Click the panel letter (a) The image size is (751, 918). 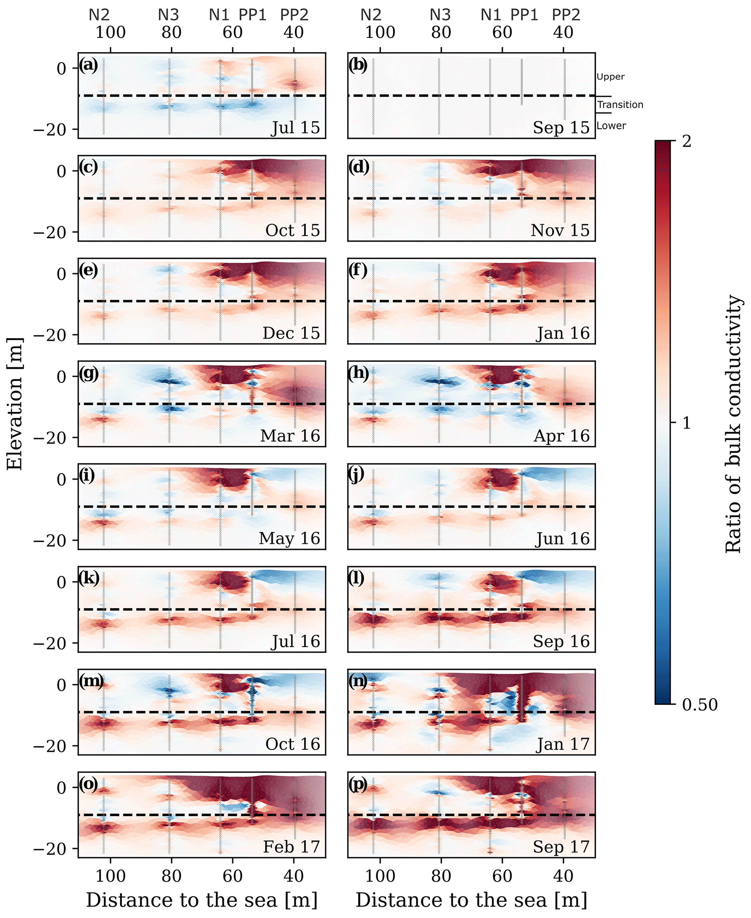89,65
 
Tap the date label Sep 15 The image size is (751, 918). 561,128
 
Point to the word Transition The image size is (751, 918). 620,105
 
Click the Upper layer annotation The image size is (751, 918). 610,77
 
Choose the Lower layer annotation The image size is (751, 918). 611,126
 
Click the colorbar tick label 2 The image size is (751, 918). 687,141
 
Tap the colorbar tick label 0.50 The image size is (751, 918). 699,705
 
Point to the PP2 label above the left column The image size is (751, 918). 294,15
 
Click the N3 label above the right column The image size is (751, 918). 440,15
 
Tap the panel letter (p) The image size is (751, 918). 359,784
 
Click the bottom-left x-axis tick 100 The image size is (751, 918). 110,876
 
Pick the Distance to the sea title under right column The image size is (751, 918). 471,900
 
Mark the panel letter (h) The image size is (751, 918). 359,373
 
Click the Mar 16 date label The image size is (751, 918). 290,436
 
